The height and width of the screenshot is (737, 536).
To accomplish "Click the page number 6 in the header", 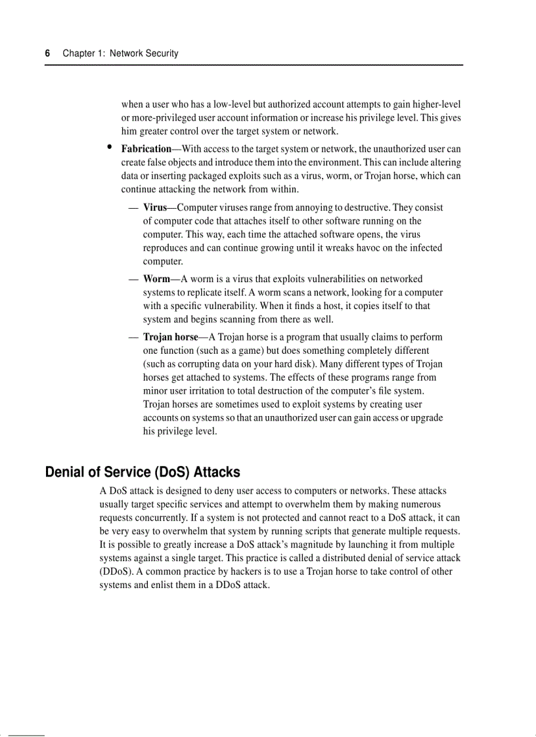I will pyautogui.click(x=47, y=53).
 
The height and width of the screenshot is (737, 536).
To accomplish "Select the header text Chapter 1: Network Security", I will pyautogui.click(x=120, y=53).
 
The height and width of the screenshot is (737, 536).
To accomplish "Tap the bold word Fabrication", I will pyautogui.click(x=146, y=149).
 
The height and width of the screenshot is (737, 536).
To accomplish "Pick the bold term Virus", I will pyautogui.click(x=155, y=207).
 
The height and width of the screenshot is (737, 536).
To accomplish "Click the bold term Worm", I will pyautogui.click(x=156, y=279).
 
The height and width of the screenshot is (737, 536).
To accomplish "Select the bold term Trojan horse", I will pyautogui.click(x=170, y=337).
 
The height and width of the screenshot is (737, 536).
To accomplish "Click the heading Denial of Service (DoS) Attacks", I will pyautogui.click(x=143, y=473).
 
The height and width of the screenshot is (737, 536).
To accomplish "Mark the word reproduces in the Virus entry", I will pyautogui.click(x=166, y=247).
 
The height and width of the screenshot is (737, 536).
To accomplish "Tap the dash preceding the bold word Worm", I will pyautogui.click(x=133, y=279).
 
